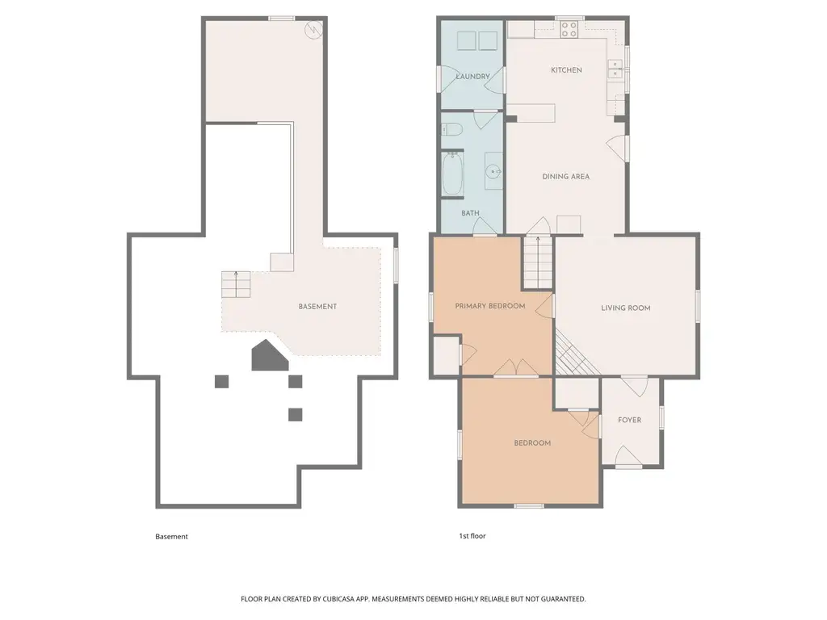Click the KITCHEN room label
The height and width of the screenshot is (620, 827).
(566, 69)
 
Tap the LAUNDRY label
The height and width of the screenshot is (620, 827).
(472, 77)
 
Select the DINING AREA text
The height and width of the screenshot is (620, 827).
(566, 176)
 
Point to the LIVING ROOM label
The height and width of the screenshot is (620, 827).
(626, 308)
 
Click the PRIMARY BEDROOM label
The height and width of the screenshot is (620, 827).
(490, 306)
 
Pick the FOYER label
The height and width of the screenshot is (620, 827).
(630, 420)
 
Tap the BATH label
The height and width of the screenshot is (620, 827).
(471, 213)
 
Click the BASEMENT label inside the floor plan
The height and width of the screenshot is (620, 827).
(317, 306)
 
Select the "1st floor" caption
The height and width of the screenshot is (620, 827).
(472, 536)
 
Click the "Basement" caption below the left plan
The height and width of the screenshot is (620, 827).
(171, 536)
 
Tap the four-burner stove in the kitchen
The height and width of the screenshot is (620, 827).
(569, 29)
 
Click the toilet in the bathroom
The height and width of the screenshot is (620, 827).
(452, 128)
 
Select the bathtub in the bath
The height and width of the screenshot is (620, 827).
(452, 174)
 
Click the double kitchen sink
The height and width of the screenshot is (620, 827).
(615, 69)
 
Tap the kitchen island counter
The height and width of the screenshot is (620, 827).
(531, 113)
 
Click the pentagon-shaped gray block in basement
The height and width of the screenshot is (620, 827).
(270, 355)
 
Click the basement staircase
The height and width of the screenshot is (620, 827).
(236, 285)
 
